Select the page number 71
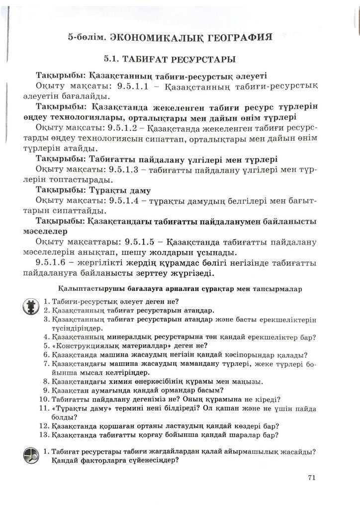(x=312, y=478)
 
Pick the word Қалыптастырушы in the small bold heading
(x=83, y=288)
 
